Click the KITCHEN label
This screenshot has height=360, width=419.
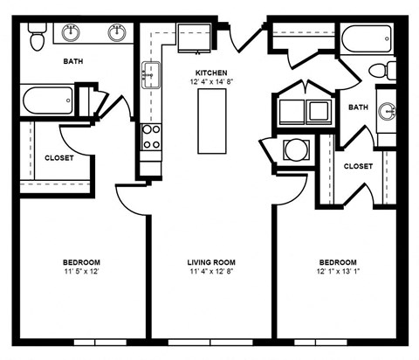(x=211, y=73)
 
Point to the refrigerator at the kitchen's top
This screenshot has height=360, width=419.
(x=193, y=38)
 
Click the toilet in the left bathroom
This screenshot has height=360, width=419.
(x=38, y=38)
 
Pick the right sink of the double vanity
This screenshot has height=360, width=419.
(x=117, y=33)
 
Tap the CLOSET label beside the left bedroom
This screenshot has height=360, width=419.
(x=59, y=158)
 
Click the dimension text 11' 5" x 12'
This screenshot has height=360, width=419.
(x=80, y=273)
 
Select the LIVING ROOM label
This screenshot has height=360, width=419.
(x=211, y=262)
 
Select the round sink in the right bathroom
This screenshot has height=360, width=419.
(x=389, y=111)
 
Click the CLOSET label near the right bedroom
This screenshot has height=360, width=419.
(x=358, y=166)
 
